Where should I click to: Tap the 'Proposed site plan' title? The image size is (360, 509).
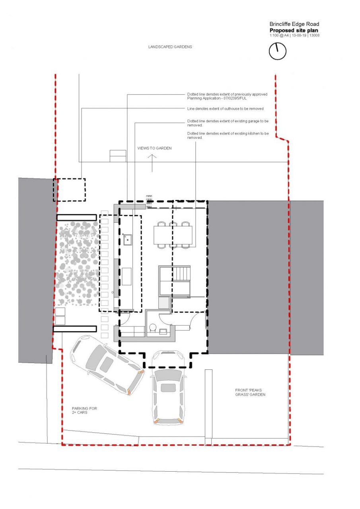(x=294, y=30)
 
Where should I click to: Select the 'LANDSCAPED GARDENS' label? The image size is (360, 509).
(x=170, y=47)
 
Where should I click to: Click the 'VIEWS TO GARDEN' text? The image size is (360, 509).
(x=154, y=148)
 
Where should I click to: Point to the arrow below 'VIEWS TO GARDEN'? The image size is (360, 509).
(x=152, y=163)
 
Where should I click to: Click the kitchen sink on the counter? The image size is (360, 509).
(x=128, y=239)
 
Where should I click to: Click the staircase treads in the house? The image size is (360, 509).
(x=181, y=274)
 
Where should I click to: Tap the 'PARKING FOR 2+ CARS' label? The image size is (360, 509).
(x=84, y=410)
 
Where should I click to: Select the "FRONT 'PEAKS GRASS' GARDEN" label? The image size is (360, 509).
(x=250, y=392)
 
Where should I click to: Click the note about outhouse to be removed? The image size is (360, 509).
(x=225, y=109)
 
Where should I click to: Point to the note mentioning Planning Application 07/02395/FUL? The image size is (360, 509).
(x=227, y=96)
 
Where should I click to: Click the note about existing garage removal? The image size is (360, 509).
(x=228, y=123)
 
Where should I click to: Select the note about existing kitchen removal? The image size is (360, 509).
(x=228, y=136)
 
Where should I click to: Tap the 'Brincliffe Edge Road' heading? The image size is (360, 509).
(x=294, y=24)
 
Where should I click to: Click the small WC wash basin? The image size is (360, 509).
(x=163, y=332)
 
